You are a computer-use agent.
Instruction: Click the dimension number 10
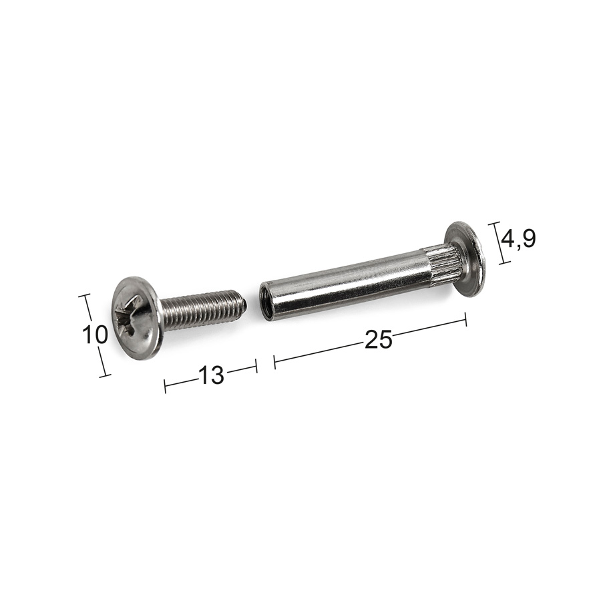tap(95, 335)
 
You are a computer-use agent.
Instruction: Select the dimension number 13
tap(211, 375)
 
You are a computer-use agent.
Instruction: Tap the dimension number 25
tap(379, 340)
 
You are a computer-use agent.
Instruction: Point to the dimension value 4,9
tap(518, 239)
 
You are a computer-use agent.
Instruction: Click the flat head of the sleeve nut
tap(465, 259)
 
